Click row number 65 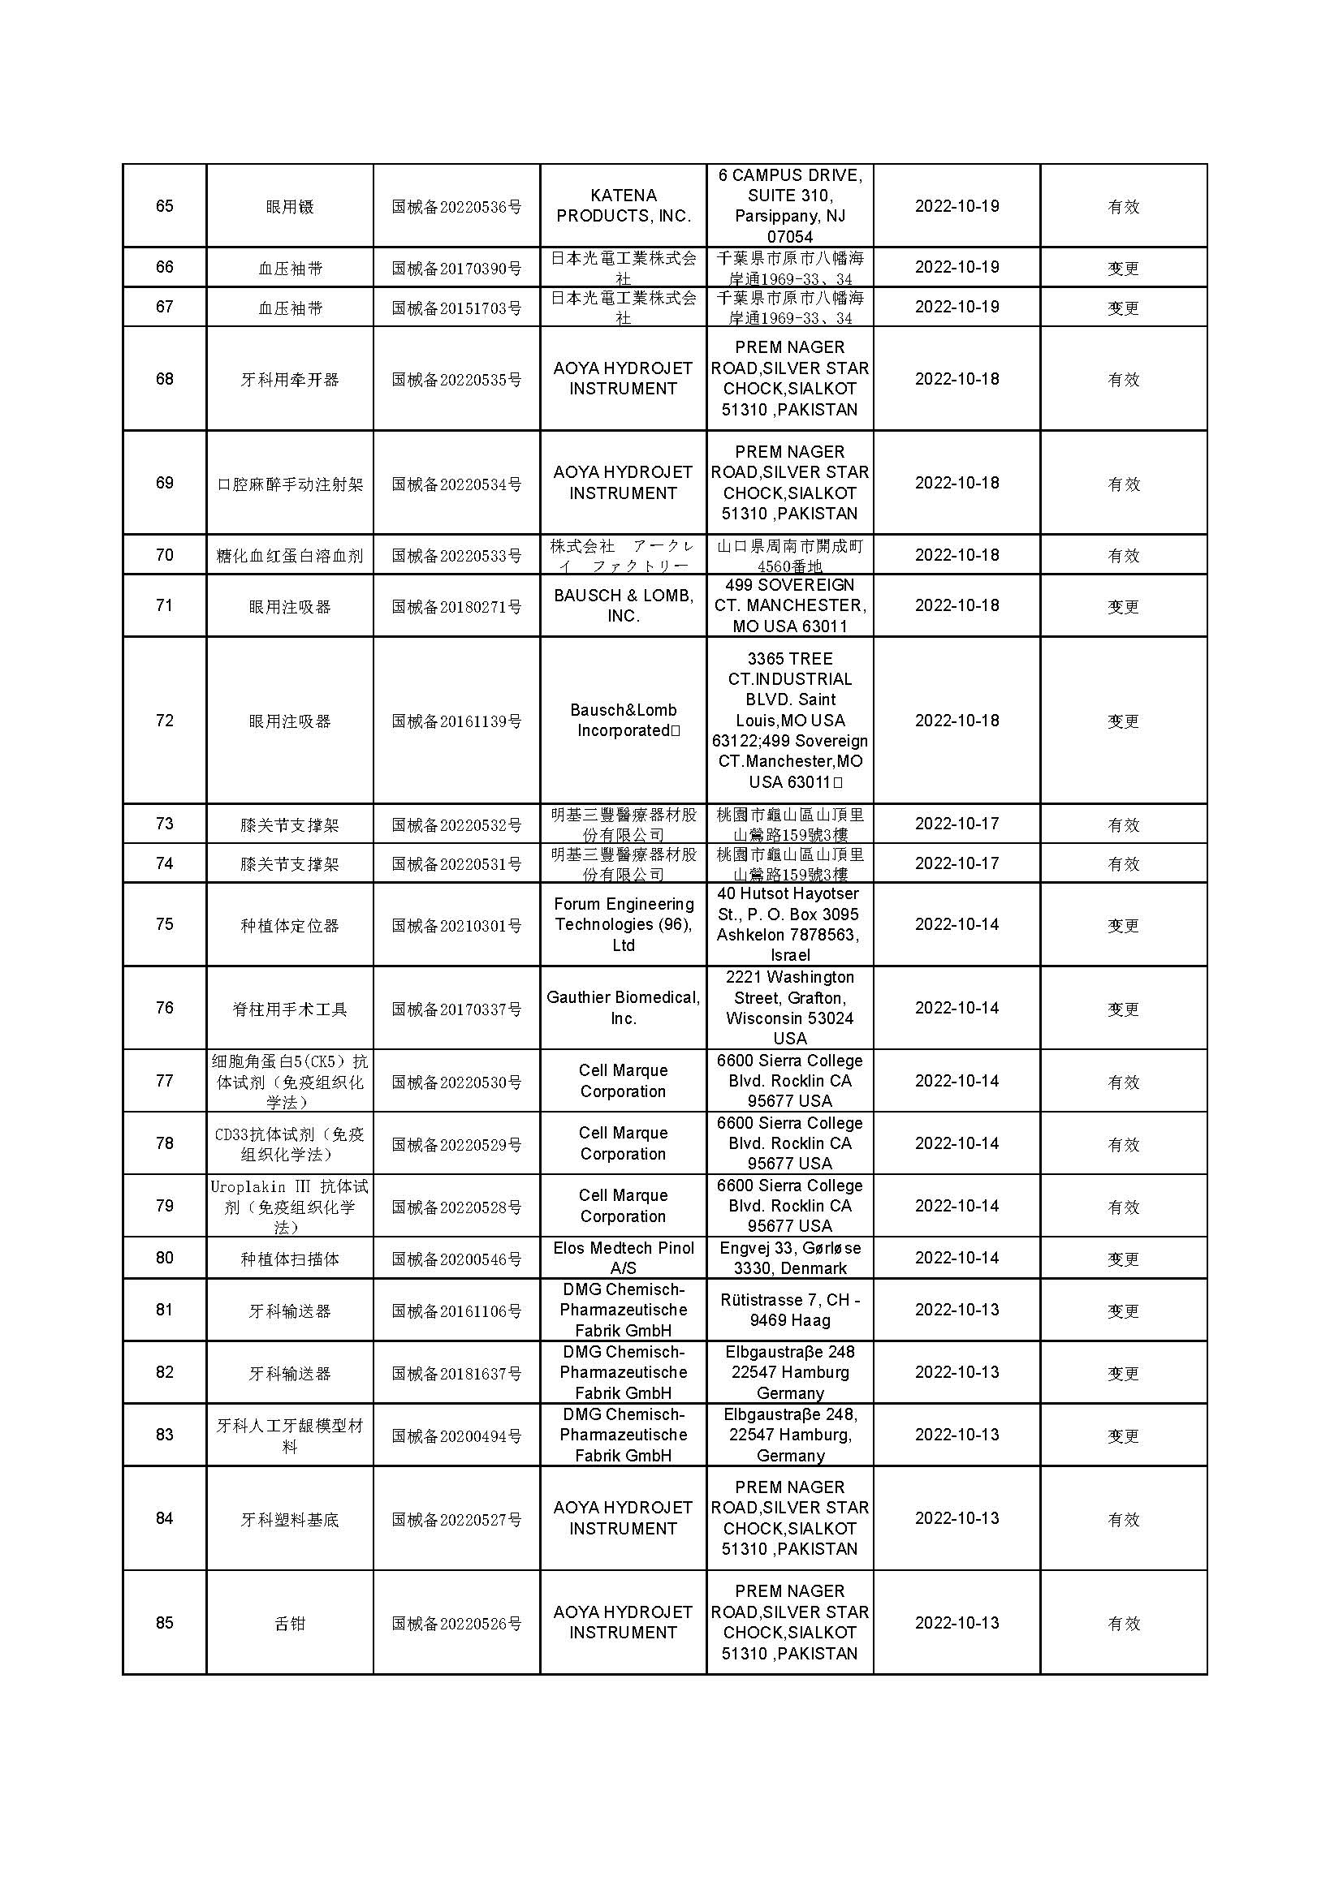(x=165, y=206)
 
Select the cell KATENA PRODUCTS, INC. (x=623, y=206)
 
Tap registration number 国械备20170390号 (x=456, y=268)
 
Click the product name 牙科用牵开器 (x=289, y=380)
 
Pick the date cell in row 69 (x=957, y=483)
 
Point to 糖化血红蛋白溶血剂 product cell (x=289, y=556)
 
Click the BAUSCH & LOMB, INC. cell (x=623, y=606)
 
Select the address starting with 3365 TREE (x=790, y=720)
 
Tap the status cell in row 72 (x=1123, y=721)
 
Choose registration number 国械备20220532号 (x=456, y=824)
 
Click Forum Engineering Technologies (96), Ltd (x=623, y=924)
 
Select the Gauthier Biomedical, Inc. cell (x=623, y=1008)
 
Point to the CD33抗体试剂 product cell (x=289, y=1144)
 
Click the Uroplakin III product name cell (x=289, y=1206)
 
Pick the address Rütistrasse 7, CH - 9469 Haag (x=790, y=1310)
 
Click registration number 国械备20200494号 (x=456, y=1436)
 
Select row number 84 (x=165, y=1518)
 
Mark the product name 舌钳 (x=289, y=1623)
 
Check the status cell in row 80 (x=1123, y=1259)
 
